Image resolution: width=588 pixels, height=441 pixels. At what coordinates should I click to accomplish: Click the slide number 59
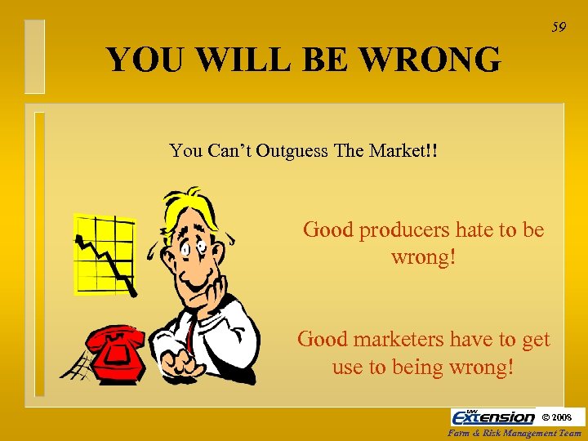pos(559,28)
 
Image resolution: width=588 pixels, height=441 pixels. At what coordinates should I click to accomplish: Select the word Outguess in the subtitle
pos(292,151)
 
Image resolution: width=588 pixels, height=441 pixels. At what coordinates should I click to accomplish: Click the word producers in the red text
pos(396,231)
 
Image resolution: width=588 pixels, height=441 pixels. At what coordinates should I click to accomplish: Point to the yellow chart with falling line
pos(104,254)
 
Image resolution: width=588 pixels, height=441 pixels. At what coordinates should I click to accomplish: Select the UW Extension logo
pos(493,416)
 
